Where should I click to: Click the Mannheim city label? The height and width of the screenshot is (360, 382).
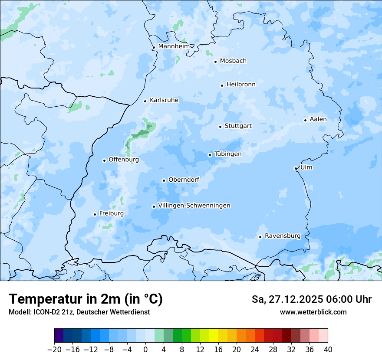[x=174, y=46]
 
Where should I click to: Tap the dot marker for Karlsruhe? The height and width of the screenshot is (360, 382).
[x=145, y=101]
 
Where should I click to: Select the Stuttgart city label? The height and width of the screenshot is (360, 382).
[x=238, y=126]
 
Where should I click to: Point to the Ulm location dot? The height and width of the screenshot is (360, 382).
[x=296, y=168]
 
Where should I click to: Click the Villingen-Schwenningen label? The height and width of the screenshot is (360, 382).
[x=194, y=206]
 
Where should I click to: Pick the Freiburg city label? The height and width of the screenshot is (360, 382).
[x=111, y=213]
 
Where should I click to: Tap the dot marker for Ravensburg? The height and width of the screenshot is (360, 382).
[x=260, y=237]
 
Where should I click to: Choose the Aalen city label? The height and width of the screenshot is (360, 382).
[x=318, y=119]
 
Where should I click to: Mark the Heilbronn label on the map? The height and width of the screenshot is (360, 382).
[x=241, y=85]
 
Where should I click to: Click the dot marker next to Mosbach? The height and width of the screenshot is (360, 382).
[x=215, y=62]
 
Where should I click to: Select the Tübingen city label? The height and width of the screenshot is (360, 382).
[x=228, y=154]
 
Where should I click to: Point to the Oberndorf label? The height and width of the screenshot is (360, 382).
[x=184, y=180]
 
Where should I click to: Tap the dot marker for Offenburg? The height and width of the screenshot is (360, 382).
[x=104, y=160]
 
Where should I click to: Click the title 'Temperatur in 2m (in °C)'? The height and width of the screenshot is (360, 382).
[x=86, y=299]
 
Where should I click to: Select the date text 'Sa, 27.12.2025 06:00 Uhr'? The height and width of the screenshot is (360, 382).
[x=311, y=299]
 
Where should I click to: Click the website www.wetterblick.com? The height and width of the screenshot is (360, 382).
[x=313, y=312]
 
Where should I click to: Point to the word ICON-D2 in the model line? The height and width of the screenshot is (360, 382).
[x=44, y=312]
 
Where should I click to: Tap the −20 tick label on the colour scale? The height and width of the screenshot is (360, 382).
[x=55, y=350]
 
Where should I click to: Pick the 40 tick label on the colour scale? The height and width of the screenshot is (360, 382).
[x=328, y=350]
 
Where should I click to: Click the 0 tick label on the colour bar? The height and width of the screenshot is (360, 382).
[x=145, y=350]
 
